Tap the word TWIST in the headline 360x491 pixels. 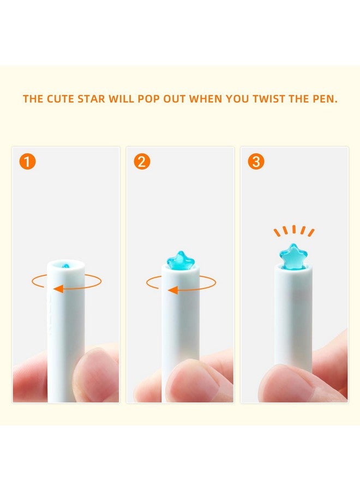(255, 99)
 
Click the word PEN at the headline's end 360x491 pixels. (325, 99)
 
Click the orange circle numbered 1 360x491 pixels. (27, 162)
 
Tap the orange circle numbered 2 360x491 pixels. (142, 162)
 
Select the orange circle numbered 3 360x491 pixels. (256, 162)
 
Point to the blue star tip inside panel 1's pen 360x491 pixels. (66, 266)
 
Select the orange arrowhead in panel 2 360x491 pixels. (172, 290)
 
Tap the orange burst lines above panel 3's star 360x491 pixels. (293, 231)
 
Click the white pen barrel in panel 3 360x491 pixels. (293, 316)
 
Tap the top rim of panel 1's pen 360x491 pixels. (65, 263)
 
